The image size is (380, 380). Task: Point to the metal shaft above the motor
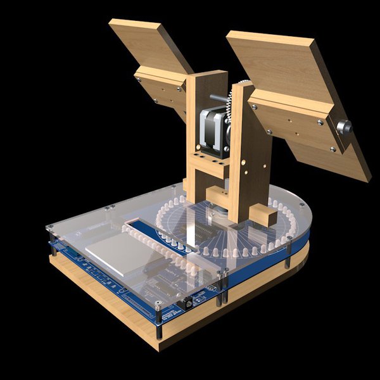(x=218, y=98)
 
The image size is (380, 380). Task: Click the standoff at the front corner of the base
(x=159, y=332)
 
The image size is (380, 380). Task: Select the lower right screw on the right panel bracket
(x=333, y=149)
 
